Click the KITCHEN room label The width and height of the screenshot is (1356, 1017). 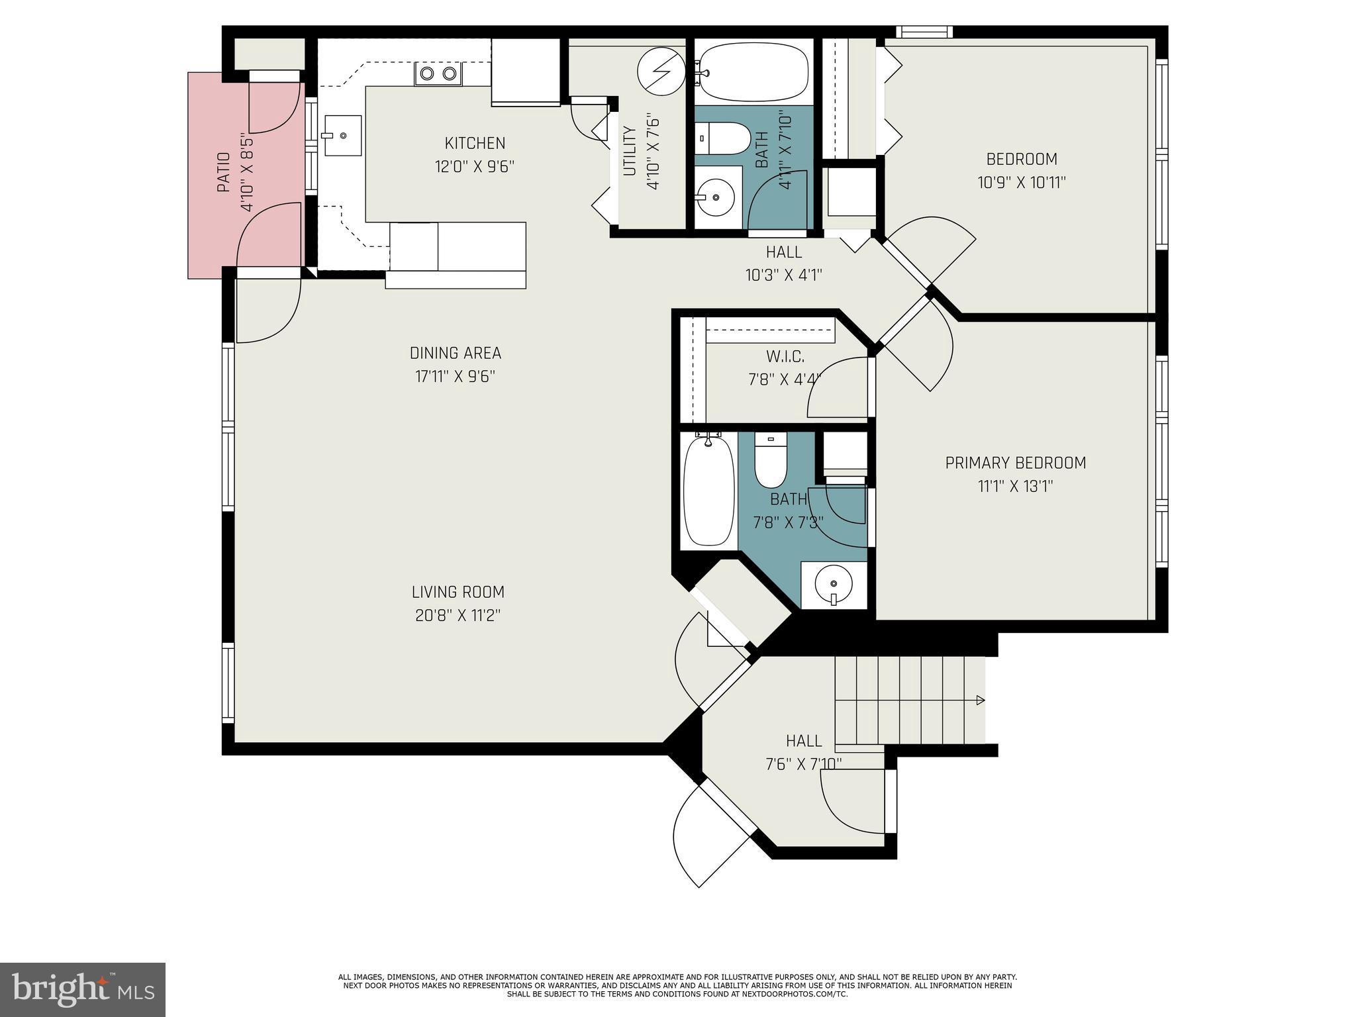coord(475,143)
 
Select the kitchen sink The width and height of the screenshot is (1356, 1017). coord(343,135)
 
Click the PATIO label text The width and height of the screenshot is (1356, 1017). coord(224,173)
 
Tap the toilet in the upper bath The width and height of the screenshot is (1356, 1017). coord(726,138)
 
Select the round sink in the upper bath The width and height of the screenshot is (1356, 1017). coord(716,197)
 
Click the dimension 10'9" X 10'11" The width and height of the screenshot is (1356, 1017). coord(1022,182)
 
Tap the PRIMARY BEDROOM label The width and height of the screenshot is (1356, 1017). coord(1015,463)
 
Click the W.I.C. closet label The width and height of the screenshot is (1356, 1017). coord(785,357)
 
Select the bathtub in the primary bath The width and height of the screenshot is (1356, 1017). coord(708,490)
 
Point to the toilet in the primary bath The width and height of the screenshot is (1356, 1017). coord(769,461)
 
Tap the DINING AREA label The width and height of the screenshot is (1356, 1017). coord(455,353)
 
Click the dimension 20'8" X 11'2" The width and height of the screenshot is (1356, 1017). coord(458,615)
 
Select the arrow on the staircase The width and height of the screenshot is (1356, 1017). coord(981,701)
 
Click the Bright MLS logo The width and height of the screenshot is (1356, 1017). coord(82,989)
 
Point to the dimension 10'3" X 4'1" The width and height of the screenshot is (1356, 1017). coord(784,275)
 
